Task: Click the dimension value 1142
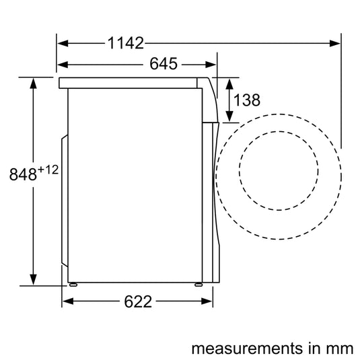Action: pos(126,43)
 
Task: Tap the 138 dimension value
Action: pos(247,100)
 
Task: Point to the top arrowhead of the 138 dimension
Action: pos(229,83)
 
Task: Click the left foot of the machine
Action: pos(72,283)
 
